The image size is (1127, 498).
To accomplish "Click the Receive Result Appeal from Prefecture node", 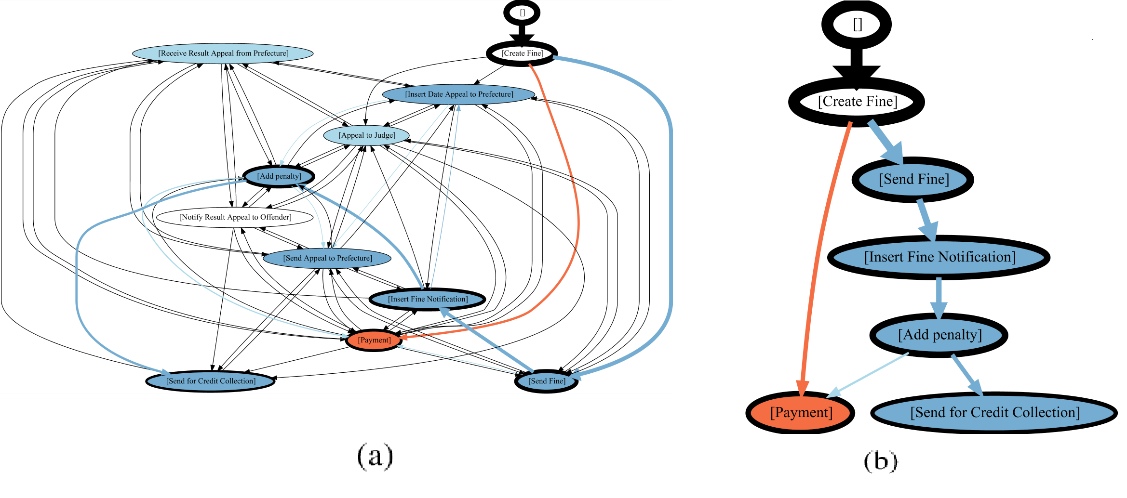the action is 223,53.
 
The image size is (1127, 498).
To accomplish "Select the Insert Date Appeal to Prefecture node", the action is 459,94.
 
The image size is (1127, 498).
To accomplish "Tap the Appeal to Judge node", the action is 367,135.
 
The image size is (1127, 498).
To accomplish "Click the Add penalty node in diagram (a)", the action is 279,176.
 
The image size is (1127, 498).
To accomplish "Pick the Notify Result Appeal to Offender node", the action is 235,217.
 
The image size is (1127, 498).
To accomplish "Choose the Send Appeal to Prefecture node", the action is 327,258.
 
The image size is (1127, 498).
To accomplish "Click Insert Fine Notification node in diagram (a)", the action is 428,299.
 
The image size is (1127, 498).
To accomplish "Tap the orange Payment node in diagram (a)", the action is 374,340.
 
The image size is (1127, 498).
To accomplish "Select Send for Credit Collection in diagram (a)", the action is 211,381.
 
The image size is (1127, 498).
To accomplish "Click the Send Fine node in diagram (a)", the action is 547,381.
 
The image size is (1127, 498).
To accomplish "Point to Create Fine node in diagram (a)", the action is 522,53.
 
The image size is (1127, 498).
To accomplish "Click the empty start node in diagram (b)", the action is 857,24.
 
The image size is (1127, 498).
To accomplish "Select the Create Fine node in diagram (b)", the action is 857,102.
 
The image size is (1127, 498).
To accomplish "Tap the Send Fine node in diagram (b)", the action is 913,179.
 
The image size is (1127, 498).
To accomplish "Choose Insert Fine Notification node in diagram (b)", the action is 939,257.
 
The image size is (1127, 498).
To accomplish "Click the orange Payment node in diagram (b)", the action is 801,413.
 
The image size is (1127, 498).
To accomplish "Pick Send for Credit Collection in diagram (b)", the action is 994,413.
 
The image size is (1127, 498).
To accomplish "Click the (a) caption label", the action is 375,456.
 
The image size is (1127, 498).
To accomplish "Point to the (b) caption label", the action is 881,461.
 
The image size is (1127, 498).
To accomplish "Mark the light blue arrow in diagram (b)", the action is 868,375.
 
